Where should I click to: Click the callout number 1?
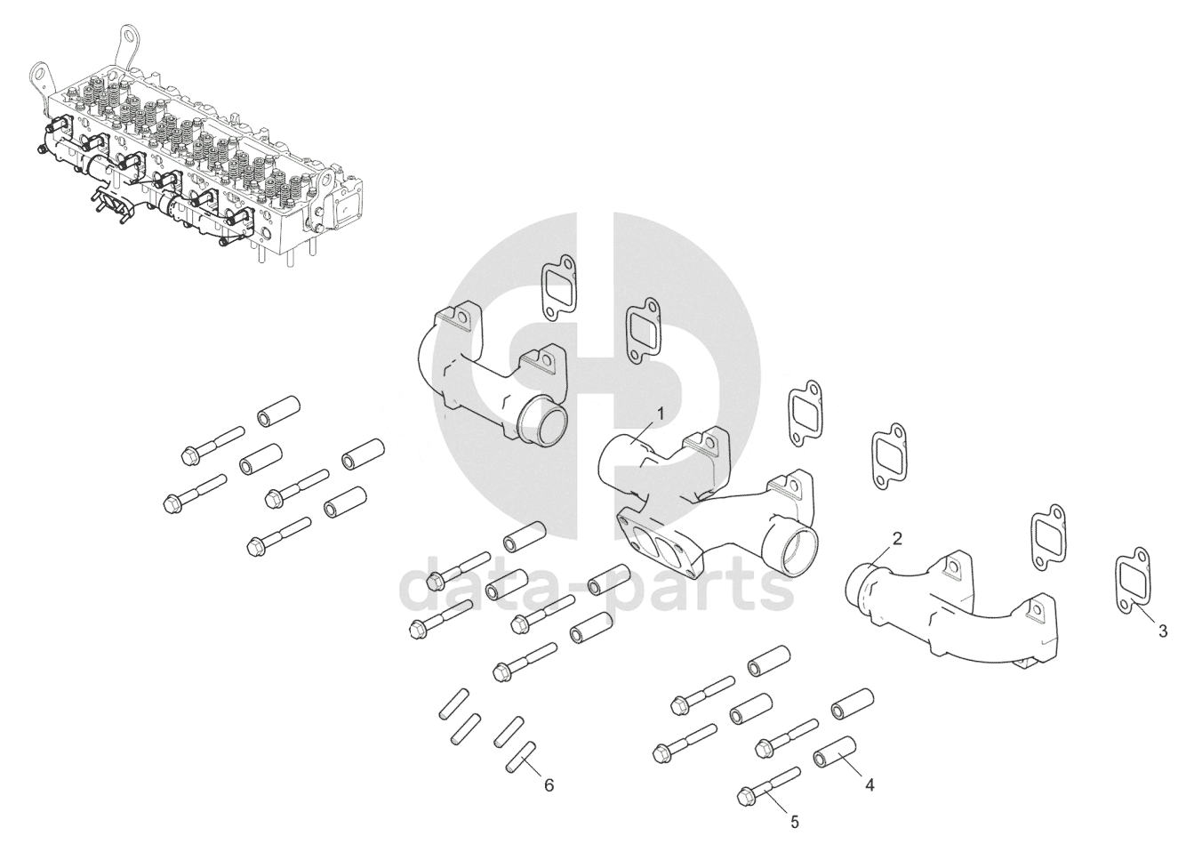(x=660, y=414)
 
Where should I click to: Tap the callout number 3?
(x=1163, y=631)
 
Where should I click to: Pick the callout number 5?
(x=794, y=822)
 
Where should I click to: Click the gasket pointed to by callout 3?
(x=1133, y=587)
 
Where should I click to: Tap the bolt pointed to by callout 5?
(x=768, y=788)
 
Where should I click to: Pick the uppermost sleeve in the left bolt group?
(x=279, y=411)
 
